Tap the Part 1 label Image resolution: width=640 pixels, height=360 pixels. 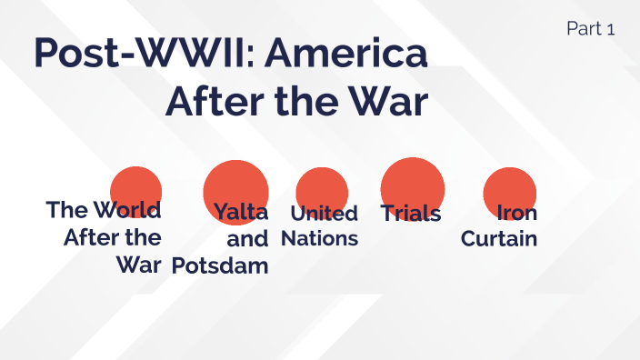tap(590, 28)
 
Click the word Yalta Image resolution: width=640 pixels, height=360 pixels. tap(241, 213)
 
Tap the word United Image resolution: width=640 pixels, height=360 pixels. tap(324, 214)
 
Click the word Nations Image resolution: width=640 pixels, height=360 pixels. tap(319, 239)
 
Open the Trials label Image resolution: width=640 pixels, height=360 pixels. tap(411, 214)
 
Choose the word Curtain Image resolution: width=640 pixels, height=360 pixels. tap(499, 239)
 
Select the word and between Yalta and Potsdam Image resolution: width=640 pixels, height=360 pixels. tap(247, 239)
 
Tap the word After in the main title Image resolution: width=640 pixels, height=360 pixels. tap(215, 103)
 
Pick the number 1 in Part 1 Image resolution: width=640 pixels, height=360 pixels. tap(611, 28)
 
